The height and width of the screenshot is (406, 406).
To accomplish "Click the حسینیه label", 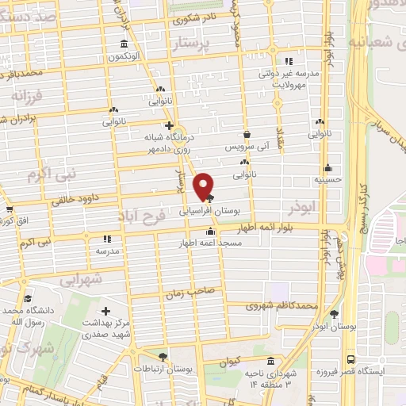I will pos(327,180).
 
